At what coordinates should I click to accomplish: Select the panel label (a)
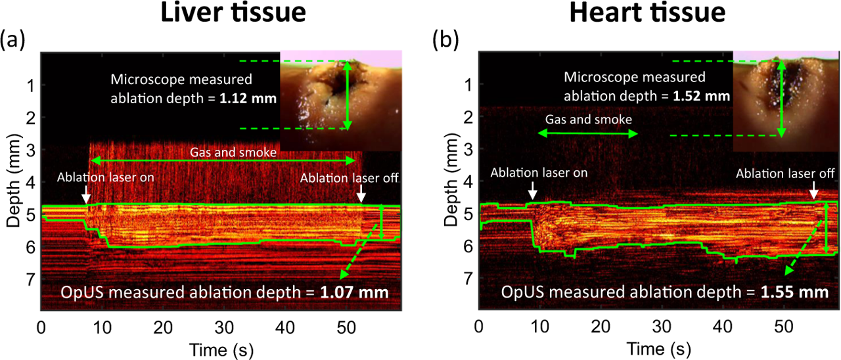point(13,41)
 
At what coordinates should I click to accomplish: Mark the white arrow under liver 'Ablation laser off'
point(360,196)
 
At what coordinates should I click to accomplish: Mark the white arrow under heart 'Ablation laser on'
point(533,191)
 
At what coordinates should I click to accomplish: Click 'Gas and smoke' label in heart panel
point(588,120)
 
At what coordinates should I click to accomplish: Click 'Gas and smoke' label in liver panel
point(223,151)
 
